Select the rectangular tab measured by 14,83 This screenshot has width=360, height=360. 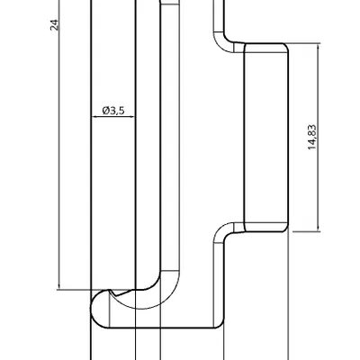[266, 135]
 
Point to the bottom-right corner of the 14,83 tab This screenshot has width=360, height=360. [286, 230]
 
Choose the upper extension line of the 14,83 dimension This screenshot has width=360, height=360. [306, 43]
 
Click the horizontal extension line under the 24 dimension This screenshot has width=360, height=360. [72, 290]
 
